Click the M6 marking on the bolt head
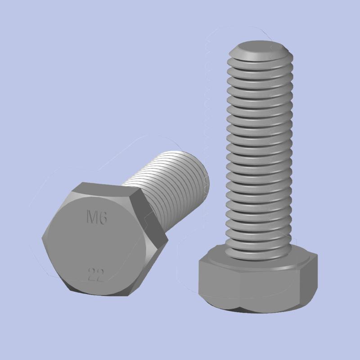96,219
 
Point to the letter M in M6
91,219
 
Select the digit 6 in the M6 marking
103,219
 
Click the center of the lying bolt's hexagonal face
97,245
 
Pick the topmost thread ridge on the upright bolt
260,57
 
